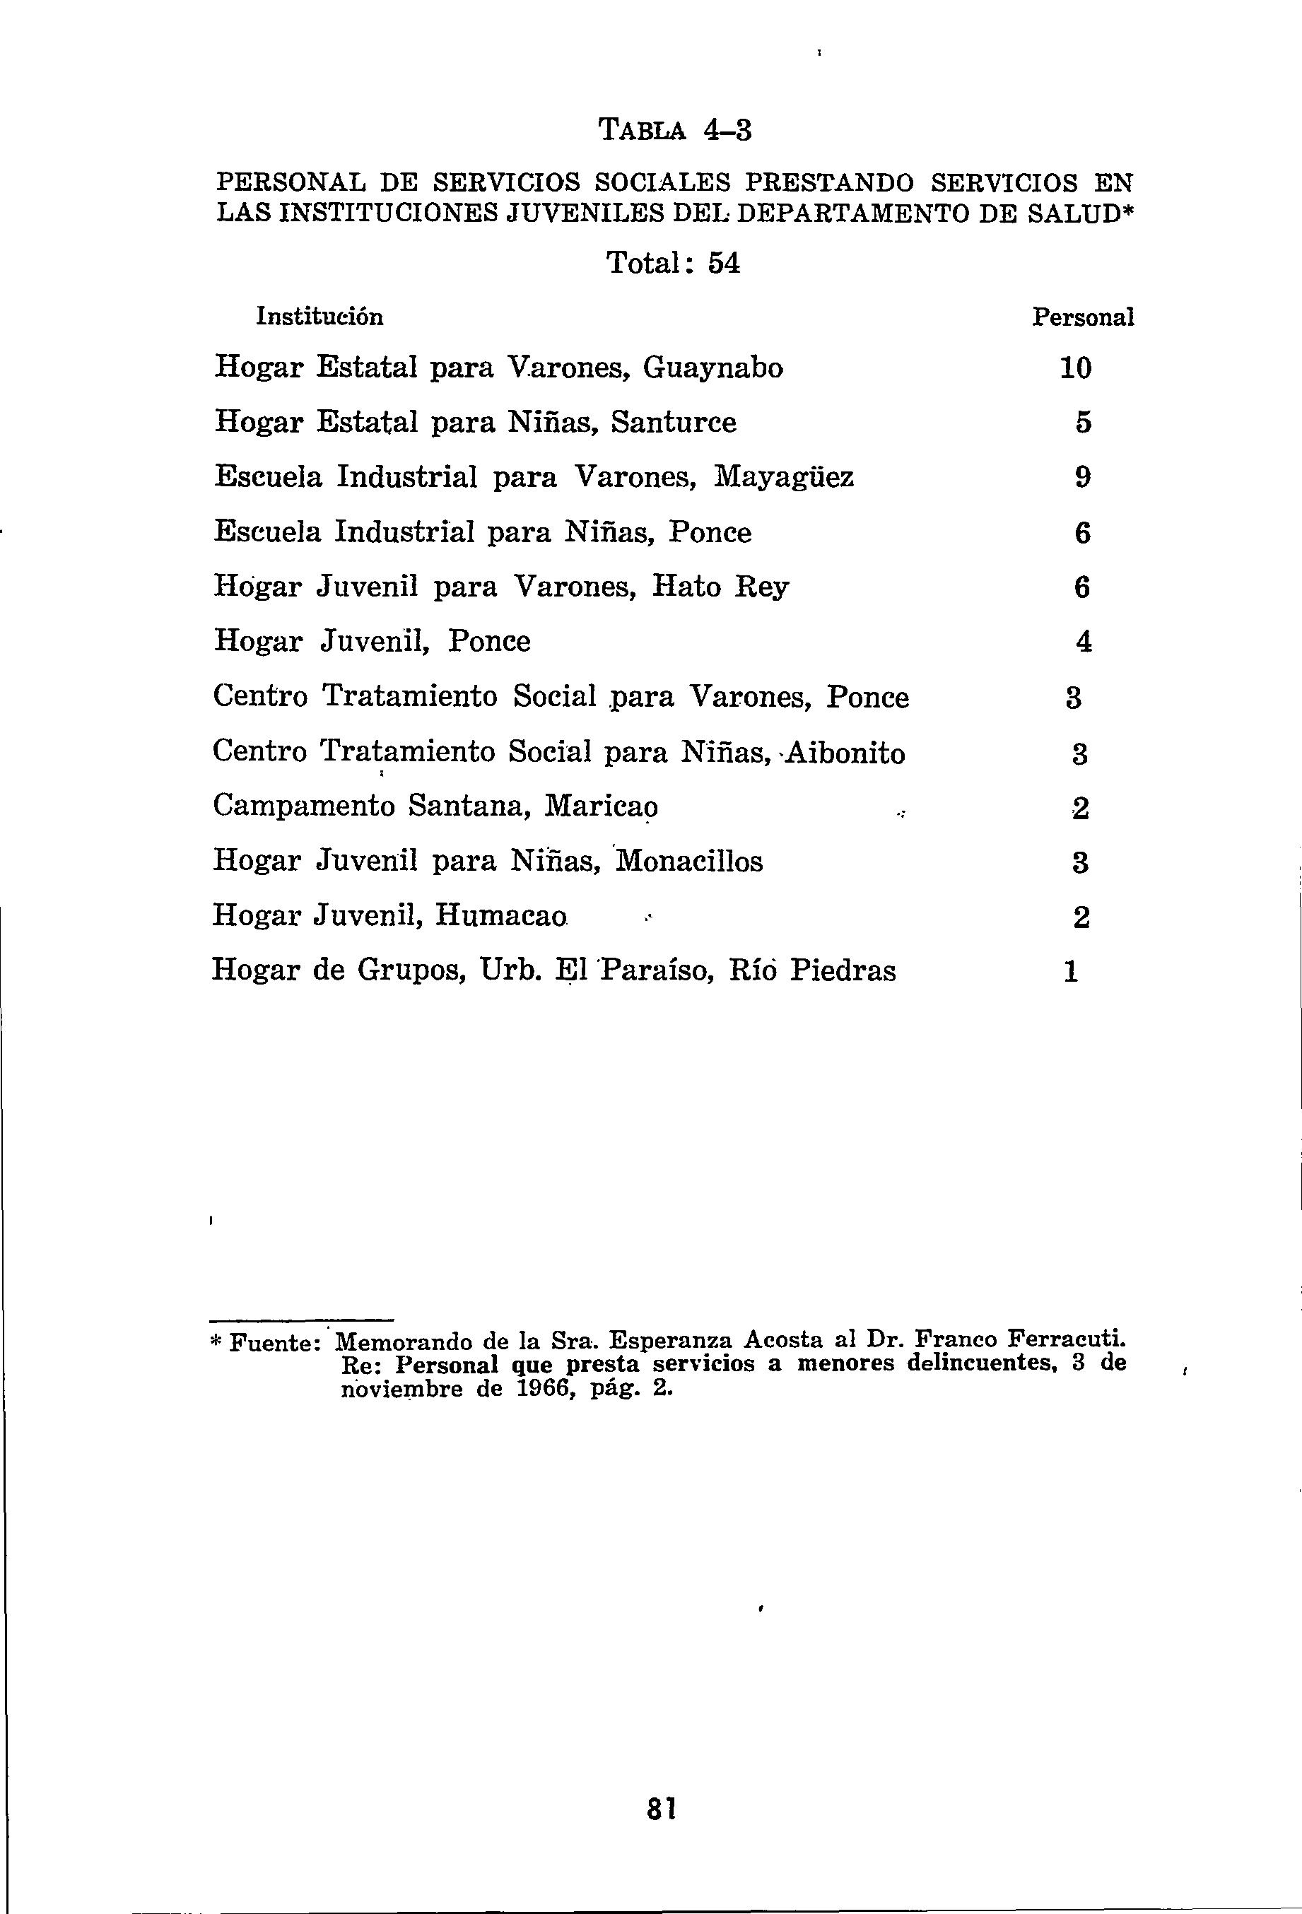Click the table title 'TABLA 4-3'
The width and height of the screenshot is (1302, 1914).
click(x=674, y=130)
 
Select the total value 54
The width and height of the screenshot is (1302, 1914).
click(x=724, y=264)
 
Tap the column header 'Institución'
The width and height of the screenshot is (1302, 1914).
click(x=319, y=317)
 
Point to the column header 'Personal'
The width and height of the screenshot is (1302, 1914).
click(x=1083, y=317)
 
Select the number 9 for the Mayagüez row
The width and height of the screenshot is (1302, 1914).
click(x=1083, y=478)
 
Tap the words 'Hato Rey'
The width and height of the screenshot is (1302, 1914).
click(x=720, y=587)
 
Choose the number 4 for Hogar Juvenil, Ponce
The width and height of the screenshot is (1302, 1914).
click(x=1084, y=642)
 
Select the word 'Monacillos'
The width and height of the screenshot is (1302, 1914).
click(x=689, y=862)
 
